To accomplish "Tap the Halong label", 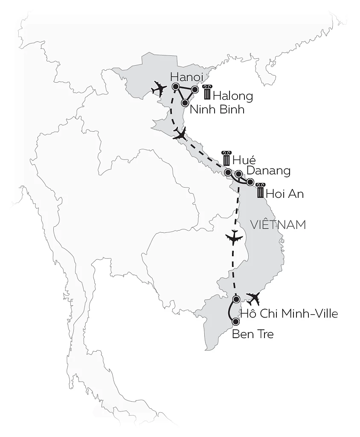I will click(x=232, y=96).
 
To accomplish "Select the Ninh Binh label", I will click(x=217, y=109).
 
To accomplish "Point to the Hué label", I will click(x=244, y=160).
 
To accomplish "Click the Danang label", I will click(x=269, y=171).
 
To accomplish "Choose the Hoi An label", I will click(x=285, y=194).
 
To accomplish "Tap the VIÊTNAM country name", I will click(x=279, y=225).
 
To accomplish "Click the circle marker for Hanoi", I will click(x=175, y=87).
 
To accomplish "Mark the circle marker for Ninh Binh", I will click(x=185, y=103).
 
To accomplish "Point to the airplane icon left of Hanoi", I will click(x=159, y=89).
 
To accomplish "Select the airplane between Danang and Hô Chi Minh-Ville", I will click(x=233, y=238).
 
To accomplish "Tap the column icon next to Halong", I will click(x=207, y=93).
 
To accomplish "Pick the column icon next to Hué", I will click(x=226, y=158).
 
